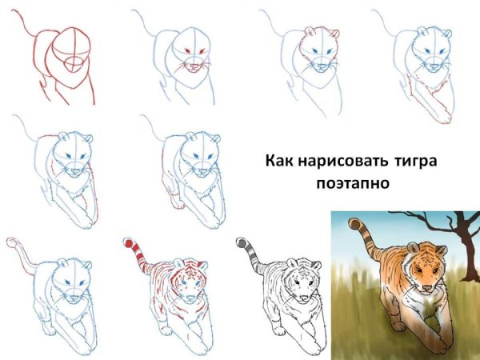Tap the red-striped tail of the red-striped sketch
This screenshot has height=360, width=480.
135,247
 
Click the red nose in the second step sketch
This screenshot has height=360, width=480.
190,65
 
